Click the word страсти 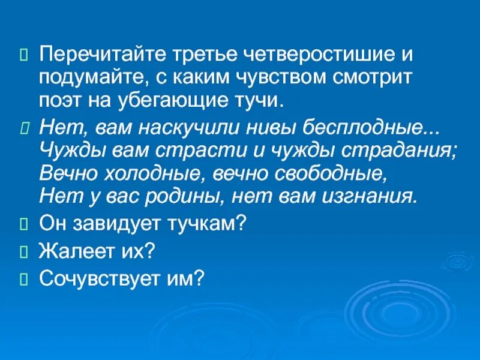coord(189,151)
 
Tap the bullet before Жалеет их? coord(24,251)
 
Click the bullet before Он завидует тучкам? coord(24,224)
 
